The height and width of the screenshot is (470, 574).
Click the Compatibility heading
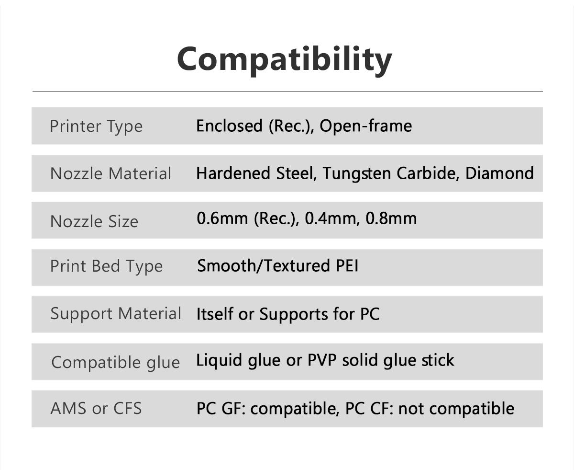point(285,59)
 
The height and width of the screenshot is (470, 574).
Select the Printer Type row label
point(96,126)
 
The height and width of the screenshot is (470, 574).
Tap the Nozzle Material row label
point(110,173)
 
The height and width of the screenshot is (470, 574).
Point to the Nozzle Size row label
point(94,221)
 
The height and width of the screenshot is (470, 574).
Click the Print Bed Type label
point(106,266)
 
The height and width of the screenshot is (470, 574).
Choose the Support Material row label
point(116,313)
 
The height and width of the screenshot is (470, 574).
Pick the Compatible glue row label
point(115,362)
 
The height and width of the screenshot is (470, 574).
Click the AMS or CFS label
point(96,408)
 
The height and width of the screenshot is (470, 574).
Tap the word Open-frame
point(365,126)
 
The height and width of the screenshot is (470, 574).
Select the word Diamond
point(499,173)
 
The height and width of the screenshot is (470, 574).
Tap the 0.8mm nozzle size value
point(391,218)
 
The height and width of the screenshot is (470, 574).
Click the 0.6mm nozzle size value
point(223,218)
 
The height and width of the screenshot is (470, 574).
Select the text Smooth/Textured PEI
point(278,265)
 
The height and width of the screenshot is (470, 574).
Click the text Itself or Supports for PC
point(288,314)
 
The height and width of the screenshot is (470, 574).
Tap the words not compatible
point(456,409)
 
